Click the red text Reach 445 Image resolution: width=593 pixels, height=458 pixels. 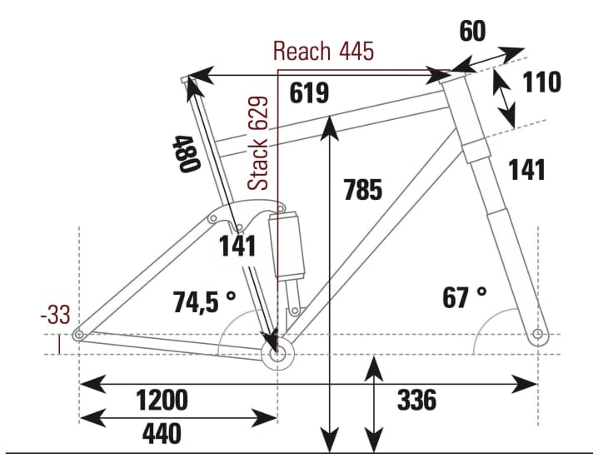pos(323,51)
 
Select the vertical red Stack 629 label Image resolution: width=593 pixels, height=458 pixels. pos(261,143)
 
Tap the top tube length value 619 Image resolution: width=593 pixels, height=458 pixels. pos(310,93)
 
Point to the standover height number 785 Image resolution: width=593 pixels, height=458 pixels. pos(362,191)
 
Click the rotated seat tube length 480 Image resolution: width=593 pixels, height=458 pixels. pos(186,153)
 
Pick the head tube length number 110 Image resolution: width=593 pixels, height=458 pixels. pos(542,82)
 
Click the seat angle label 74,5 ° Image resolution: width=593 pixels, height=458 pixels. pos(205,301)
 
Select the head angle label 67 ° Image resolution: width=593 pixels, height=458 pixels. pos(465,297)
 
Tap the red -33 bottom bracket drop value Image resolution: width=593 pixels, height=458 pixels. pos(56,315)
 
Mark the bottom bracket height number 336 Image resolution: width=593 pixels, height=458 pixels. pos(416,401)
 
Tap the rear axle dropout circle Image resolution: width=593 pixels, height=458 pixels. pos(79,335)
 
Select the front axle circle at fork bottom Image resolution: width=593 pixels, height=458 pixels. pos(537,335)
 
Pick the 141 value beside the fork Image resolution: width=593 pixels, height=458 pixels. pos(526,170)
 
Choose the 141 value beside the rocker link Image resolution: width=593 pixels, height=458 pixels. pos(237,246)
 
